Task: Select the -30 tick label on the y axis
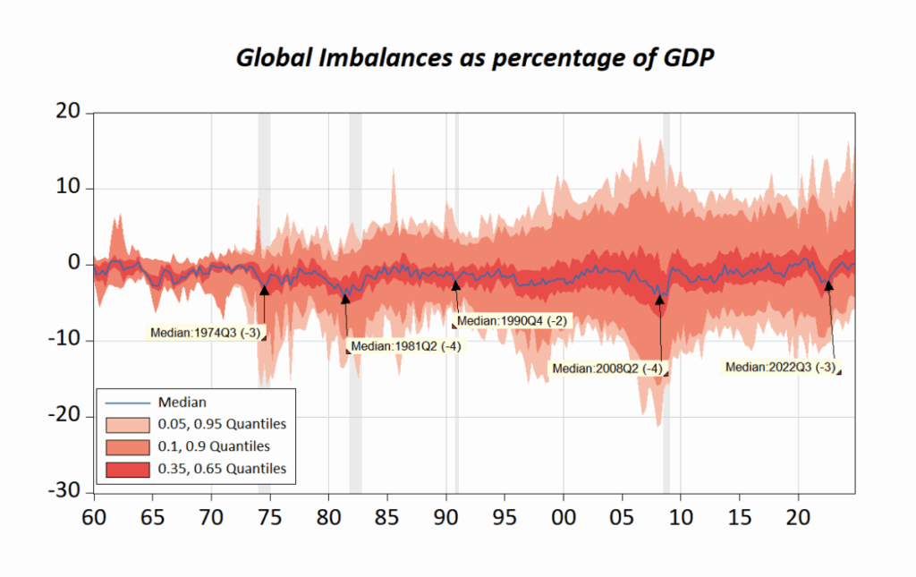tap(64, 493)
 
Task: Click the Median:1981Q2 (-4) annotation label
tap(405, 346)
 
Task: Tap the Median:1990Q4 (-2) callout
tap(512, 320)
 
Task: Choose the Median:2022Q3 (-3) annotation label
tap(780, 367)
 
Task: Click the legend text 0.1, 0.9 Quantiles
tap(214, 445)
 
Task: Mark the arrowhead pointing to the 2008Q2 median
tap(660, 300)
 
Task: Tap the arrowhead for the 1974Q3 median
tap(264, 289)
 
